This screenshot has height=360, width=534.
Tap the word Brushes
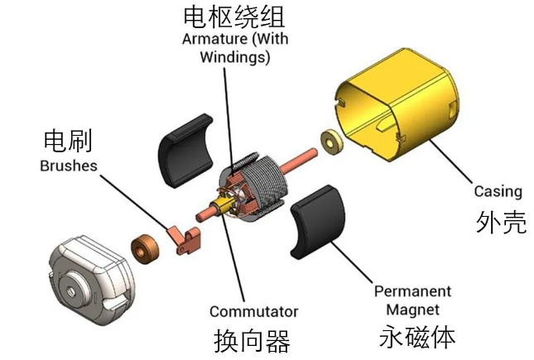pyautogui.click(x=68, y=166)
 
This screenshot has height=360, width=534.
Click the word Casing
pyautogui.click(x=498, y=191)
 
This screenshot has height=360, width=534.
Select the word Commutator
pyautogui.click(x=253, y=312)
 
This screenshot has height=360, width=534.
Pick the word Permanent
pyautogui.click(x=412, y=291)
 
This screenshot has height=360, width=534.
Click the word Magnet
pyautogui.click(x=413, y=308)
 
